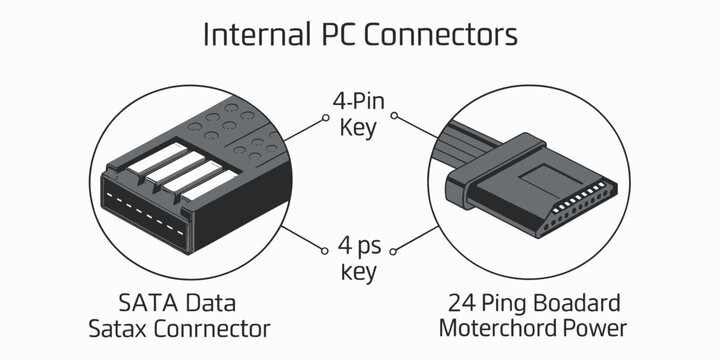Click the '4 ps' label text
(x=360, y=245)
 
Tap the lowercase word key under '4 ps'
(x=360, y=270)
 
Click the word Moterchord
(x=497, y=328)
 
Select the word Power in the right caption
(x=597, y=328)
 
